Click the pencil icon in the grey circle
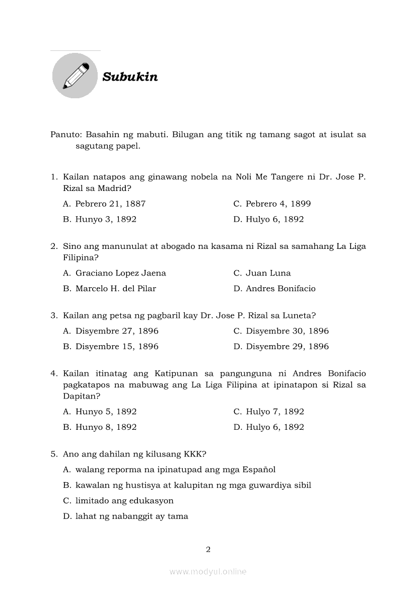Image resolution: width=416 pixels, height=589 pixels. pyautogui.click(x=75, y=76)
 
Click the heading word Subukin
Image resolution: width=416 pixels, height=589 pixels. pyautogui.click(x=130, y=77)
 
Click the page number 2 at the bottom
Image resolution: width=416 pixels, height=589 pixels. pyautogui.click(x=208, y=549)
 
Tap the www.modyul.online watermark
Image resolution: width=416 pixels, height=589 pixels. pyautogui.click(x=208, y=571)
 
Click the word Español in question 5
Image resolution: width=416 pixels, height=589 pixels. pyautogui.click(x=259, y=470)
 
